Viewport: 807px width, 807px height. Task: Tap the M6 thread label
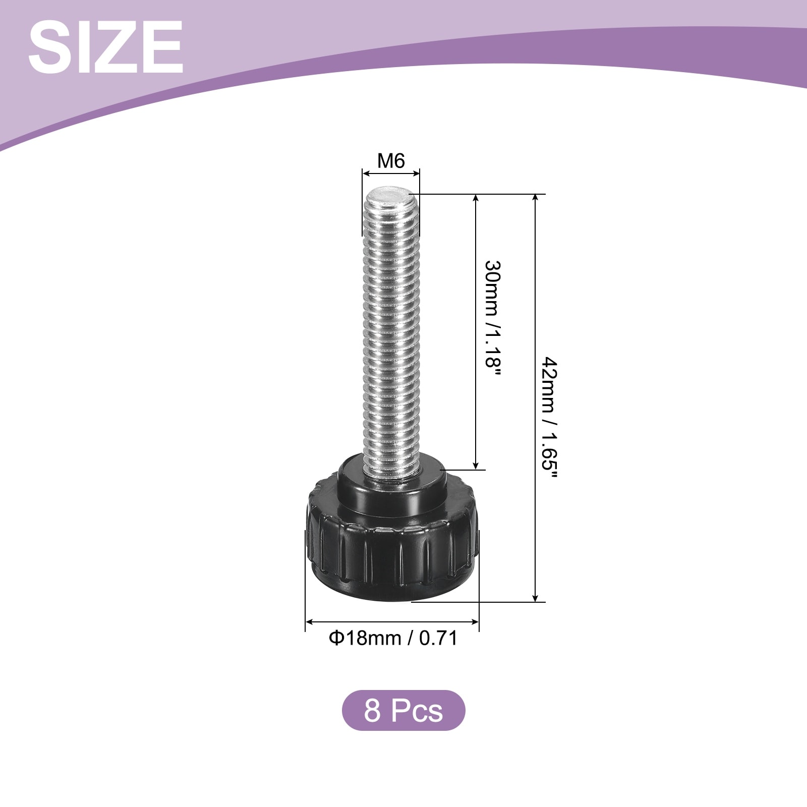[x=391, y=161]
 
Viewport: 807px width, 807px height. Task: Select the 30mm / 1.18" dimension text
[x=494, y=321]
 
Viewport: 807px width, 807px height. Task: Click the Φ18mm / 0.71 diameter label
[x=393, y=638]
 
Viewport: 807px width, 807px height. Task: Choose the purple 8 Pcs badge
[x=403, y=710]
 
